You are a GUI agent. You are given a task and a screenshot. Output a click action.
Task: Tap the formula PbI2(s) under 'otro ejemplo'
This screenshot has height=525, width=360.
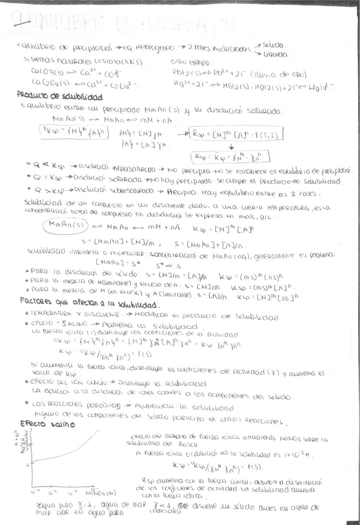[186, 70]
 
